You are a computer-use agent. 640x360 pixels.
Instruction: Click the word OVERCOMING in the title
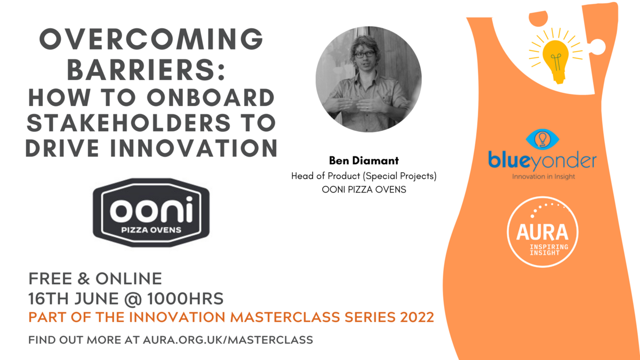151,39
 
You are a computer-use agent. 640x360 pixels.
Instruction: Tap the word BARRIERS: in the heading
146,70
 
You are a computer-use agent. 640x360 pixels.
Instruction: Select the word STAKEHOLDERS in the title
129,123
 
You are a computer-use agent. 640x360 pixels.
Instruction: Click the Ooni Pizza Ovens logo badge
151,213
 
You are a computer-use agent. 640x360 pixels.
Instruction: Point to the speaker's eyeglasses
364,54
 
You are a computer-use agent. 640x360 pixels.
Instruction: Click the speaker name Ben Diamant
364,161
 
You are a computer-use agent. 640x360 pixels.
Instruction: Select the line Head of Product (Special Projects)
364,176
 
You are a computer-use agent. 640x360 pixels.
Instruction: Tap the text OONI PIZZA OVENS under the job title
364,189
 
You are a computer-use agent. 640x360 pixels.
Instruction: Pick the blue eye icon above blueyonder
542,139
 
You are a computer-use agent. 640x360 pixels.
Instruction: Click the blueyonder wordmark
542,162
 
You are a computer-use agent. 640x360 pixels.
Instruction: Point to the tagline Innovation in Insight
543,177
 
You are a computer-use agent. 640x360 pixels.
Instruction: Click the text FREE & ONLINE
95,278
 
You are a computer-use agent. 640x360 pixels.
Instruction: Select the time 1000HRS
185,299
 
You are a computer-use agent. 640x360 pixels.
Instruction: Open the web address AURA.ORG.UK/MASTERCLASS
228,340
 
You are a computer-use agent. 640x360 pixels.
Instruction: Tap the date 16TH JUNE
74,299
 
